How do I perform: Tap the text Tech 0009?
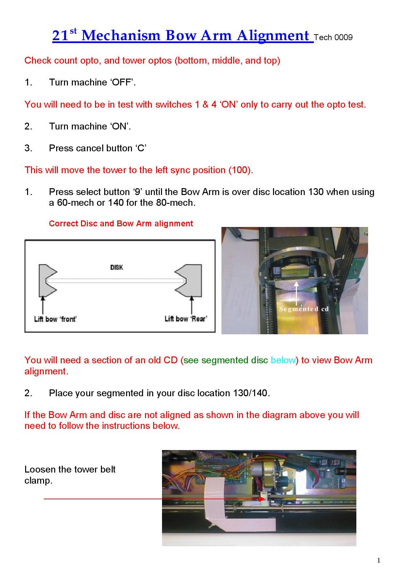pyautogui.click(x=333, y=38)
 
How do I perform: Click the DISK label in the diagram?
pyautogui.click(x=117, y=267)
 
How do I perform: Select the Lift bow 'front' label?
pyautogui.click(x=55, y=319)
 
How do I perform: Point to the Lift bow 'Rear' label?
pyautogui.click(x=186, y=319)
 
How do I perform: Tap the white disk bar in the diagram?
pyautogui.click(x=116, y=280)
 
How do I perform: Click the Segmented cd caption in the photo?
pyautogui.click(x=304, y=309)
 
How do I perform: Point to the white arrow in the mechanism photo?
pyautogui.click(x=296, y=294)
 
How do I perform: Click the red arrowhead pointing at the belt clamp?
pyautogui.click(x=261, y=499)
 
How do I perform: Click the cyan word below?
pyautogui.click(x=283, y=360)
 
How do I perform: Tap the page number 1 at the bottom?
pyautogui.click(x=379, y=561)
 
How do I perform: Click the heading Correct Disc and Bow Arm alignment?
pyautogui.click(x=121, y=224)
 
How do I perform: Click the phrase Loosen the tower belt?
pyautogui.click(x=70, y=469)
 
